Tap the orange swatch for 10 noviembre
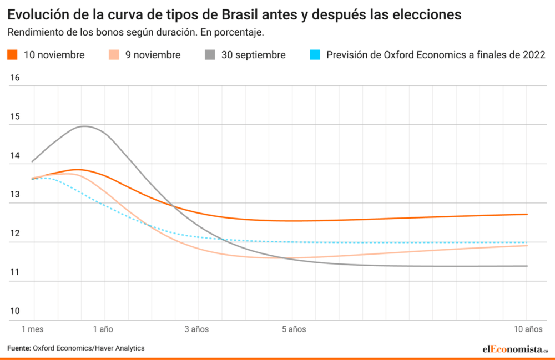[13, 55]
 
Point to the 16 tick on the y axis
[15, 78]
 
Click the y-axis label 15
[15, 117]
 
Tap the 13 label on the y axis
[15, 195]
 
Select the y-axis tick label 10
[15, 311]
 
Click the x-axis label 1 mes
[32, 329]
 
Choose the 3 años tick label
[196, 329]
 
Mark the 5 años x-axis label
[294, 329]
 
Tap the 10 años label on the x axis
[528, 329]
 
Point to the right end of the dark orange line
[527, 214]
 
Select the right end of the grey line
[527, 266]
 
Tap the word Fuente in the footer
[18, 348]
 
